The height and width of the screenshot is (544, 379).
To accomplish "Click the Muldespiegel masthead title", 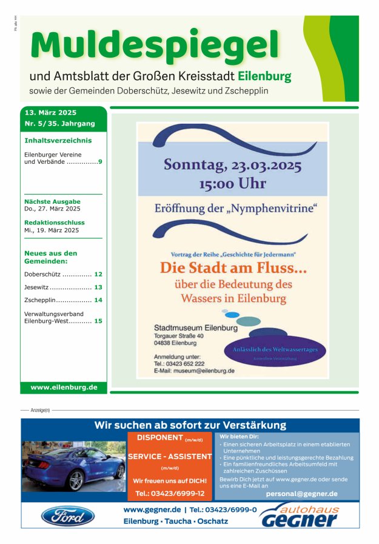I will [155, 45].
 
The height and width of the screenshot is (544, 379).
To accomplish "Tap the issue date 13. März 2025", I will [50, 113].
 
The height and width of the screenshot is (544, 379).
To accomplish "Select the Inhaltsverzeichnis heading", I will [58, 140].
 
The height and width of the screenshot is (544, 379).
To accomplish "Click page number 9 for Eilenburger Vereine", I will [100, 163].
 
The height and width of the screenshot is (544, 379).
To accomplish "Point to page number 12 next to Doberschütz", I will [98, 274].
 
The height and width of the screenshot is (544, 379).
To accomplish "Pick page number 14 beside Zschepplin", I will [98, 300].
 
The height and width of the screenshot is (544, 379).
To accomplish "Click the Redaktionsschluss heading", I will [55, 223].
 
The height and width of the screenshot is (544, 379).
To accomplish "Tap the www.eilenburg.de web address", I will [64, 387].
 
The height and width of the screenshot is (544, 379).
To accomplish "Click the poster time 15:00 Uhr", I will [232, 183].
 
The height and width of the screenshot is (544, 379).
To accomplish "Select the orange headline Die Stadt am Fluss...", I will [233, 267].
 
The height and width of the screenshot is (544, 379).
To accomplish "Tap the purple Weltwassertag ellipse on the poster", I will [279, 351].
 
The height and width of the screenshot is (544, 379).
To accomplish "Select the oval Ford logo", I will [67, 516].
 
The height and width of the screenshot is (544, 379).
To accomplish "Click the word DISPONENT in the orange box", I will [160, 437].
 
